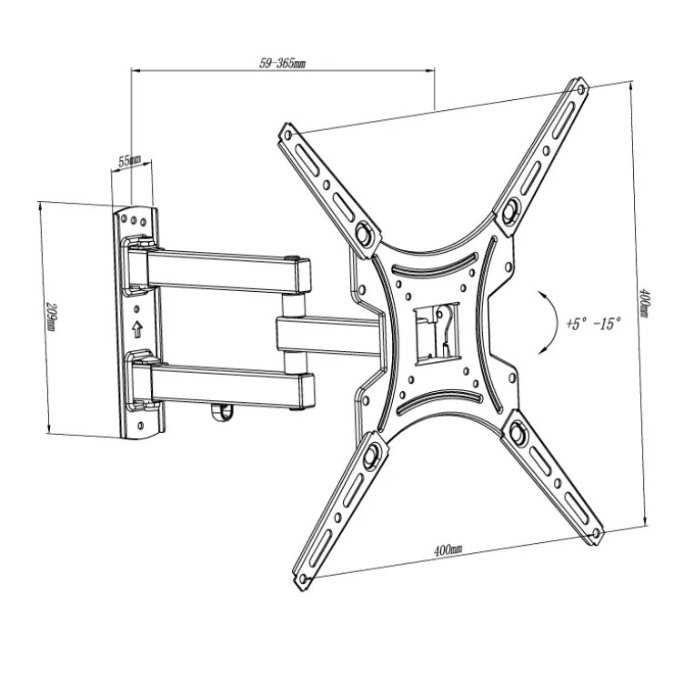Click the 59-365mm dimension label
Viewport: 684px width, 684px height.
(282, 64)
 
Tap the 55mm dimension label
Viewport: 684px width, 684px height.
(129, 160)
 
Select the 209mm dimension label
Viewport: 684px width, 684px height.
(51, 317)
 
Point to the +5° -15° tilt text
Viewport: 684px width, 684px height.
(593, 323)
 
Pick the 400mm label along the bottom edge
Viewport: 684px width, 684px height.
(448, 550)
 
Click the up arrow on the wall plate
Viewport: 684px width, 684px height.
(137, 329)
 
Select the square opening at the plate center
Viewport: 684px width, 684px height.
(437, 333)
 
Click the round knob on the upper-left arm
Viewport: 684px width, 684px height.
(364, 232)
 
